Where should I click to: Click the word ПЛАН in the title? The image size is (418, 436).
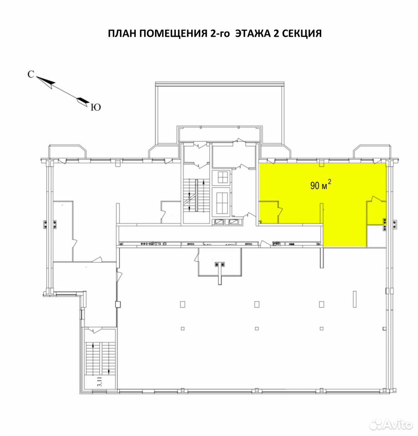point(122,33)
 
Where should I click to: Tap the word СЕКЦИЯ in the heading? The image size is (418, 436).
point(302,33)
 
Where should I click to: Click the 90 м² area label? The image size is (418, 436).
point(321,185)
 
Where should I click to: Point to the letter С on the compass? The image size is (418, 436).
point(31,74)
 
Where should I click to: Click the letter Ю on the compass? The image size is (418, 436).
point(96,107)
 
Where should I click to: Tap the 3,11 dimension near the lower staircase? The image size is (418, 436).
point(100,382)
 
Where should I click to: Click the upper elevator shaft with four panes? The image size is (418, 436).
point(223,177)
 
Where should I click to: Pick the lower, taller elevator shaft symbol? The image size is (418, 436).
point(222,202)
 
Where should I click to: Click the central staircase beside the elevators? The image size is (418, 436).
point(196,196)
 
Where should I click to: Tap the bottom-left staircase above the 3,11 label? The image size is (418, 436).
point(100,359)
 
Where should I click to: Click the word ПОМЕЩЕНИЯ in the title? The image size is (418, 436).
point(173,33)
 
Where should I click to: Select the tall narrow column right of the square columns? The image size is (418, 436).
point(354,299)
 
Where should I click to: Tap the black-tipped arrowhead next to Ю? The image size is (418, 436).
point(83,101)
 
